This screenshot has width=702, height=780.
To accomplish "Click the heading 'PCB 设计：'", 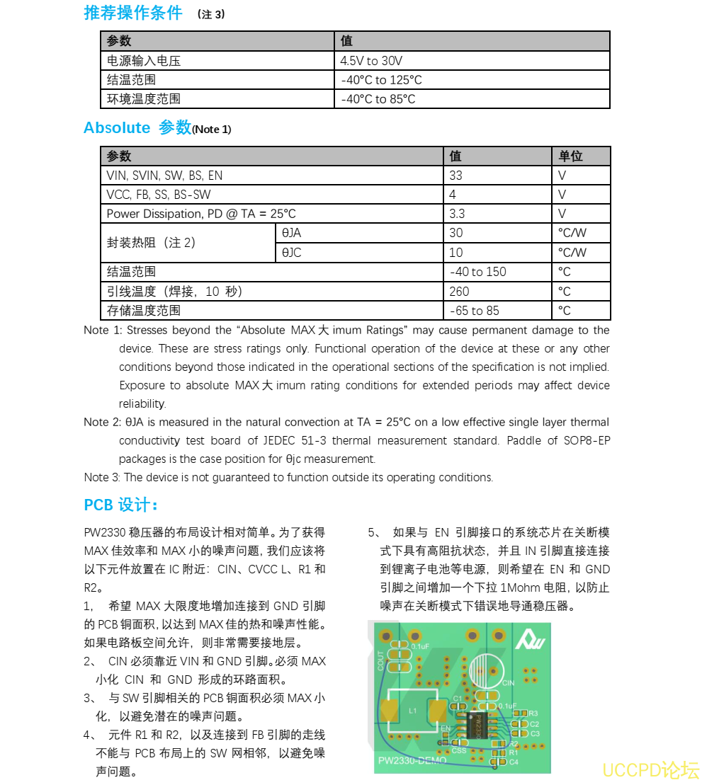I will (x=121, y=505).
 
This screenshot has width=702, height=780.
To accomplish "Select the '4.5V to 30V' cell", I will (x=371, y=61).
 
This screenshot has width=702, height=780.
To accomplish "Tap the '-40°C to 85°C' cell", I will (x=378, y=99).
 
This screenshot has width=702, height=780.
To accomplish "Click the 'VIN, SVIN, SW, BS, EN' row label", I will (x=164, y=176).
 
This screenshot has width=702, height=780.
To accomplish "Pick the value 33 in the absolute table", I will (x=456, y=176).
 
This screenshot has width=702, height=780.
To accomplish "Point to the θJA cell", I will (x=291, y=233).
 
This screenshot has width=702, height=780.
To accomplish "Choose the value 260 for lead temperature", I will (x=459, y=291).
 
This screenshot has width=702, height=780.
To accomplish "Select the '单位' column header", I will (x=570, y=156).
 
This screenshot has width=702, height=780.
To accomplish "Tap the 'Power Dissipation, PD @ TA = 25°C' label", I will (x=201, y=214).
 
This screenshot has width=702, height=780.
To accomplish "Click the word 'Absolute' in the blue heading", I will (x=117, y=128).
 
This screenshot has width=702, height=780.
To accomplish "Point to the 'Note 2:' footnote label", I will (x=102, y=423).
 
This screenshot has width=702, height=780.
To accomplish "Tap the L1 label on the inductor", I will (x=413, y=709).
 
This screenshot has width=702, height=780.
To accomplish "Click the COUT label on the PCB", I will (x=381, y=660).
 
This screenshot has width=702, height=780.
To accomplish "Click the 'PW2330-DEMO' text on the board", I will (x=412, y=761).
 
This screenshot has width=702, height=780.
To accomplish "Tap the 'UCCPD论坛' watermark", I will (x=650, y=769).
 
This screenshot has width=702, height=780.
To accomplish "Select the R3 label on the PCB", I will (x=533, y=713).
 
